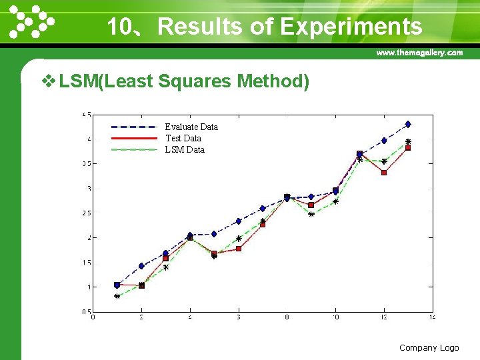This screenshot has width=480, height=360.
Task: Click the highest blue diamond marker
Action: point(408,124)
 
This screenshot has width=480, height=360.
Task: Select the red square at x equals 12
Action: point(384,173)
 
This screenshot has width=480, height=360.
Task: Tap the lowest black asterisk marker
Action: point(117,297)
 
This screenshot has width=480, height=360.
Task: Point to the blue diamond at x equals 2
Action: point(141,266)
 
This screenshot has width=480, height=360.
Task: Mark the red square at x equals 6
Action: point(239,249)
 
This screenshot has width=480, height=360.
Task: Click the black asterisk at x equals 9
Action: point(311,215)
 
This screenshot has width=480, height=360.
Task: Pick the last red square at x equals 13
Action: point(408,148)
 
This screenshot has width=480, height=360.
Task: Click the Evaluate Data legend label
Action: point(191,127)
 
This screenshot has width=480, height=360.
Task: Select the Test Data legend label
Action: point(183,138)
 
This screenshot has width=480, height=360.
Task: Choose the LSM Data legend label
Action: point(185,149)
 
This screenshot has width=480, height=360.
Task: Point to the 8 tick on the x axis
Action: point(287,317)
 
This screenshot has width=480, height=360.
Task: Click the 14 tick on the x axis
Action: point(432,317)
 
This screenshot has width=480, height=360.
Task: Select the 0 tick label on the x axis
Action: point(93,317)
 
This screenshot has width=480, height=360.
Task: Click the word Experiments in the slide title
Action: point(351,27)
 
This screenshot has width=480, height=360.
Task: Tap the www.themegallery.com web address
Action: point(419,52)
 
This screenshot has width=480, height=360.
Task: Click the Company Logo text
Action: point(429,347)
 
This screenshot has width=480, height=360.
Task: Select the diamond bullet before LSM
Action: point(48,82)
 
